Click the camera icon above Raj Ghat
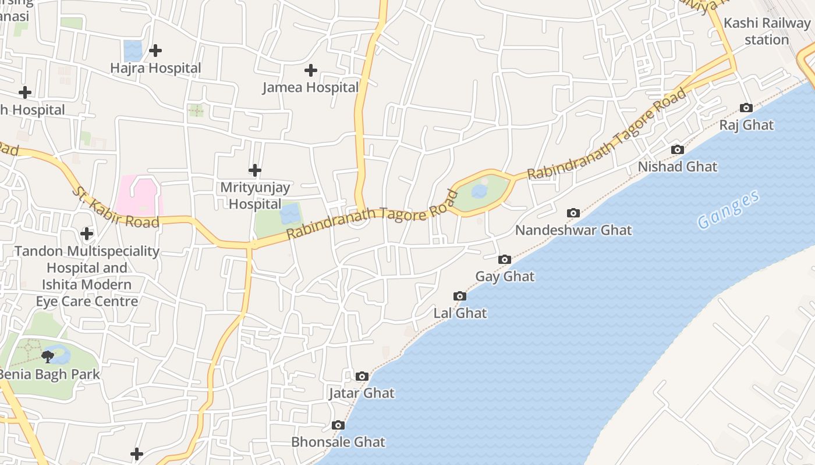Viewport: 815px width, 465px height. [746, 108]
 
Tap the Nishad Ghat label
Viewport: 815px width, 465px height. [678, 167]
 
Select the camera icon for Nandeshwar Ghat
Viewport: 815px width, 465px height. [573, 213]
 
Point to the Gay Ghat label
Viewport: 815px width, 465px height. [505, 277]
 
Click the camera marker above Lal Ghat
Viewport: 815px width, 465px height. [460, 296]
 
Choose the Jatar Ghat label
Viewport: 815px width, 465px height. [362, 394]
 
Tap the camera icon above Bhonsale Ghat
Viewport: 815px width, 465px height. [338, 425]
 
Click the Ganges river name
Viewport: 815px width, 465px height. [729, 210]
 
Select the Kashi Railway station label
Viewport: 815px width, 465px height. [767, 31]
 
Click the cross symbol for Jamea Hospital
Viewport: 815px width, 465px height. [311, 70]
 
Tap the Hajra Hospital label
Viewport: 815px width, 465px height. [155, 68]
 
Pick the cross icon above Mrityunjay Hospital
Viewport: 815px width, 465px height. [255, 170]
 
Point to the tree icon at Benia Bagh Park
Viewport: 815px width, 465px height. [48, 356]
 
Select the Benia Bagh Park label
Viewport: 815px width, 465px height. [49, 374]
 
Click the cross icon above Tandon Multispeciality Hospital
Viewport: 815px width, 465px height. [87, 234]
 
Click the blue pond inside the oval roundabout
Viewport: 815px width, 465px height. [479, 191]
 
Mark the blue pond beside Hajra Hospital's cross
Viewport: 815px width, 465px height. [133, 50]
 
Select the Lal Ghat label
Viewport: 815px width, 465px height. [460, 313]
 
